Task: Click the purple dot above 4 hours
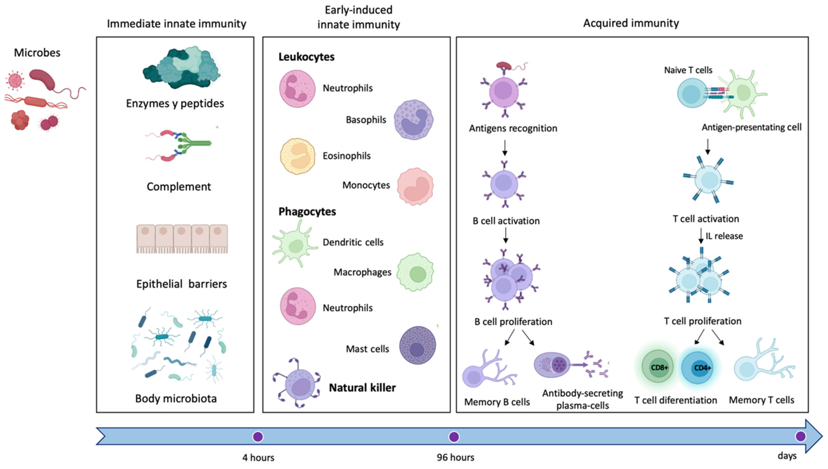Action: (x=258, y=437)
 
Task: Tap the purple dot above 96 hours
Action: (x=454, y=437)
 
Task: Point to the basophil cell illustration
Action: (x=414, y=120)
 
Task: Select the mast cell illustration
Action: (x=418, y=345)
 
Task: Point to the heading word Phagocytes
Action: (x=307, y=212)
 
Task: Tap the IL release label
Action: (x=724, y=236)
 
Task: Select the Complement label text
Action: (x=179, y=187)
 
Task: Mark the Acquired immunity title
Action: (x=631, y=23)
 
